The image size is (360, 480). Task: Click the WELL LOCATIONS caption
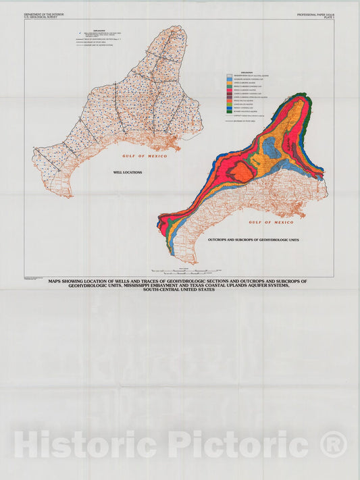pos(128,173)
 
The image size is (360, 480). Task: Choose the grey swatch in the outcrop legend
pos(230,76)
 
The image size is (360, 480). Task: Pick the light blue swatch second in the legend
pos(230,79)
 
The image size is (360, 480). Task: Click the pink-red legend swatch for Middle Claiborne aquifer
pos(230,90)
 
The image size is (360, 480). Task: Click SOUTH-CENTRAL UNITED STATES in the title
pos(178,290)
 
